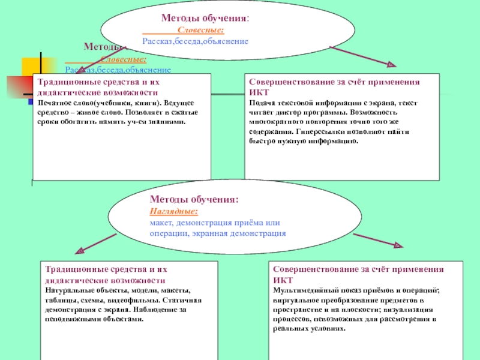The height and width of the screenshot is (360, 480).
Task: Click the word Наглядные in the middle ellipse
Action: (173, 212)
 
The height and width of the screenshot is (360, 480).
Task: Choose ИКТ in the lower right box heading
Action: (283, 280)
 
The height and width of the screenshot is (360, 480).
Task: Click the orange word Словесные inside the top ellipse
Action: (201, 29)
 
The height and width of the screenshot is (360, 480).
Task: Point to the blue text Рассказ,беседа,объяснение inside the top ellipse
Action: (196, 41)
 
